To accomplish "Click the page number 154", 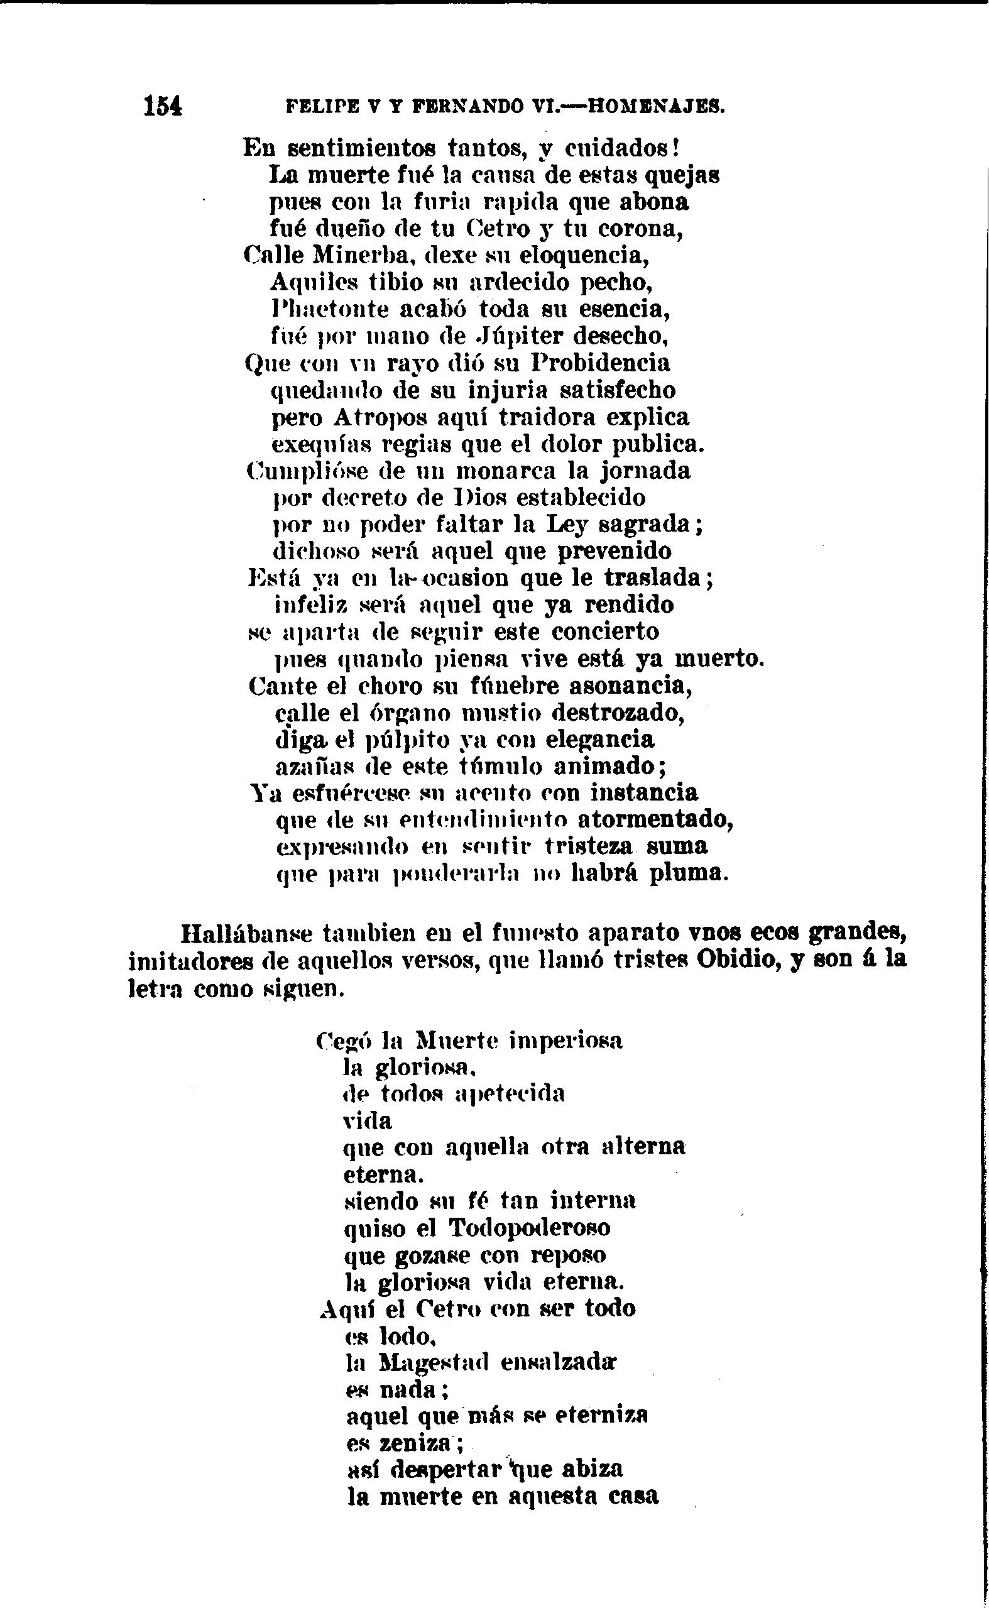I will [163, 106].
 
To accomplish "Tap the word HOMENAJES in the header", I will [657, 106].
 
